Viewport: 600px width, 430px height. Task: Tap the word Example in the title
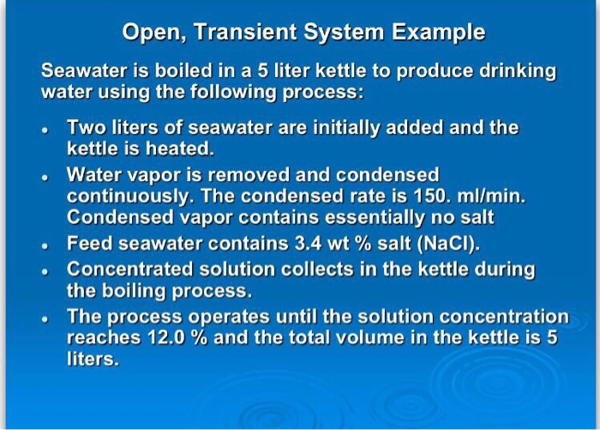point(439,33)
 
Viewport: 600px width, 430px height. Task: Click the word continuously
point(131,197)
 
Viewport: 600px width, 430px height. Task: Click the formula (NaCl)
point(448,244)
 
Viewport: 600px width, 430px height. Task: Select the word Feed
point(89,244)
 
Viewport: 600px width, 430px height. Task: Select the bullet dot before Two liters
point(45,130)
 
